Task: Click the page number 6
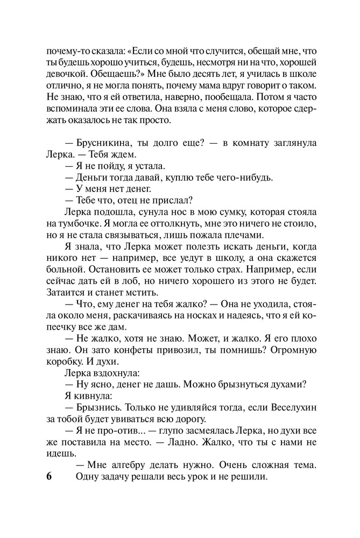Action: (x=48, y=478)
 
